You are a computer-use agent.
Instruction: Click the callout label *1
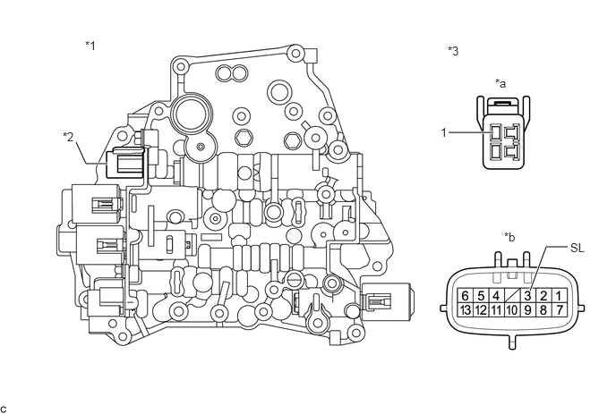(90, 46)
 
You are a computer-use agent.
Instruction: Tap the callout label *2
(68, 137)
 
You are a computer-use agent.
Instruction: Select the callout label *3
(453, 51)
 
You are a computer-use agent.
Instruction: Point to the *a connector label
(500, 83)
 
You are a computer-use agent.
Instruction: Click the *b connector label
(509, 237)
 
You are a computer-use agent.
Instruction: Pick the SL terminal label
(577, 248)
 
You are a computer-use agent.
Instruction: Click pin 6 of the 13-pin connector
(466, 296)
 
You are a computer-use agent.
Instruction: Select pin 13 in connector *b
(466, 309)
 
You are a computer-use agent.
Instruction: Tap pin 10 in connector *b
(512, 309)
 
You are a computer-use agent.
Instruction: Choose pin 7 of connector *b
(560, 309)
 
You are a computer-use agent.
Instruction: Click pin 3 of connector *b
(528, 296)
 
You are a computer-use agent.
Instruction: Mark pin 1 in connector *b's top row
(560, 296)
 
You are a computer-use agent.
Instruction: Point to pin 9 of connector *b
(528, 309)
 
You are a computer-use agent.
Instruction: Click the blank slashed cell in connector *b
(512, 296)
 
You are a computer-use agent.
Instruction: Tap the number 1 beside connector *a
(444, 132)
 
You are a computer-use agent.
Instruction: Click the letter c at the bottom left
(4, 410)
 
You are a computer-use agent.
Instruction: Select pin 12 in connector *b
(481, 309)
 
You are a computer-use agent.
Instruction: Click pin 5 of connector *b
(481, 296)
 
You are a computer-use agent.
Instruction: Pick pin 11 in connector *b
(497, 309)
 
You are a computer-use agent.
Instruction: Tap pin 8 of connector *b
(543, 309)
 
